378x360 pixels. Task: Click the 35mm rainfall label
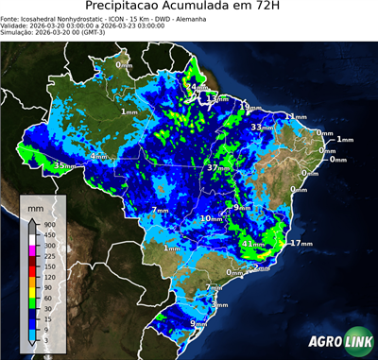(63, 165)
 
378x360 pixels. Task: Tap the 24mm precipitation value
(191, 88)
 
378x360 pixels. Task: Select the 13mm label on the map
(218, 98)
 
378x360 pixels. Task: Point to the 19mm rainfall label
(244, 106)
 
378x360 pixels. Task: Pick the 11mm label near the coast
(296, 116)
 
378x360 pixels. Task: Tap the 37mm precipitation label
(216, 167)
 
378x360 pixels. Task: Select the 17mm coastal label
(301, 243)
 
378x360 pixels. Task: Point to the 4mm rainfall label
(97, 156)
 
